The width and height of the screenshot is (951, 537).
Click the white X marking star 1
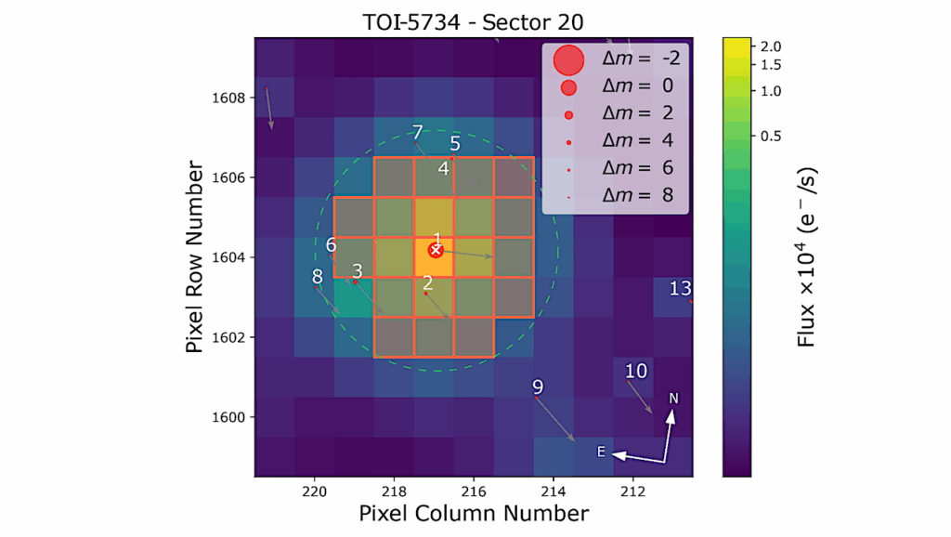[x=435, y=251]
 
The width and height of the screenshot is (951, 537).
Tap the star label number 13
[x=681, y=289]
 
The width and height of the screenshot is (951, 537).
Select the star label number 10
[x=635, y=372]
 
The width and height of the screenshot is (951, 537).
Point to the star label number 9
[x=538, y=386]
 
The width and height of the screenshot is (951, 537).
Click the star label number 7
[x=417, y=132]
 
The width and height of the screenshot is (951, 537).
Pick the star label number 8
[x=318, y=276]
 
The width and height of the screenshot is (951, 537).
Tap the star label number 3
[x=357, y=271]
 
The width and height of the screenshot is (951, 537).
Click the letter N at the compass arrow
[x=674, y=399]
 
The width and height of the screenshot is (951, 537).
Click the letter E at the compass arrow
[x=601, y=452]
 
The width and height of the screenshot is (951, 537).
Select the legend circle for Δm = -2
[x=568, y=60]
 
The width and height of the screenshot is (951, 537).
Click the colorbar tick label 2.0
[x=770, y=46]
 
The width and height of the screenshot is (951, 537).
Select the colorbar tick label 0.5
[x=770, y=136]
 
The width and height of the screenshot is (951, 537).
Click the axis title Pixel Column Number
[x=474, y=513]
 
